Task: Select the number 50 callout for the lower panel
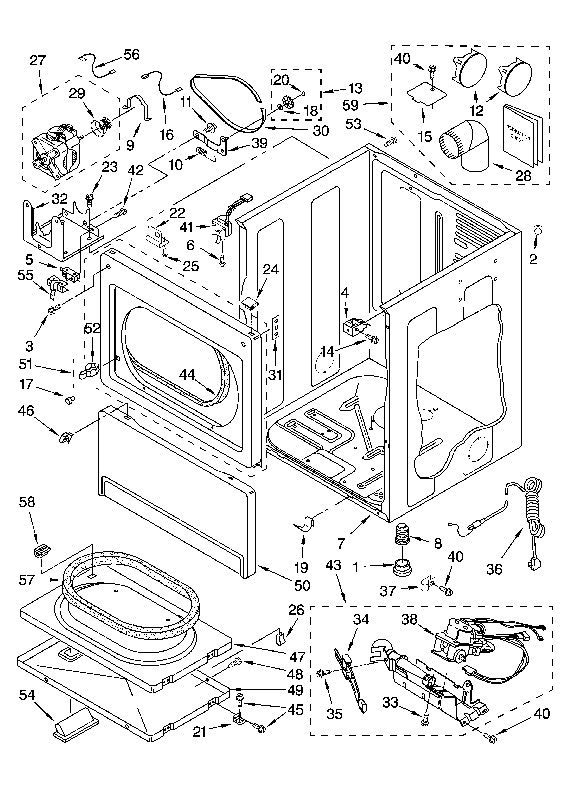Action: (302, 585)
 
